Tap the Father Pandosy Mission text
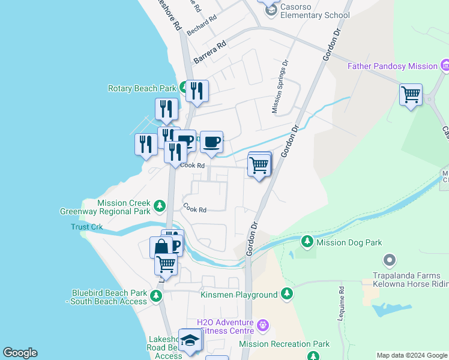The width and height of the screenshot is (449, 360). (393, 66)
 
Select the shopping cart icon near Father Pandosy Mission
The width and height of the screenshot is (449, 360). (411, 94)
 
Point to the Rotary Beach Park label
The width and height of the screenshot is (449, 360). (142, 88)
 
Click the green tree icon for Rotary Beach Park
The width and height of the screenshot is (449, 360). (182, 88)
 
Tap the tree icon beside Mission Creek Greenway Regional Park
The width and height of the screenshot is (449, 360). (159, 206)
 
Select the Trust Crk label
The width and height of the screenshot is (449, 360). (87, 227)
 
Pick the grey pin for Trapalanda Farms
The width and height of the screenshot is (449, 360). (390, 260)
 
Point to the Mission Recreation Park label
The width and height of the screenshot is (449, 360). (284, 344)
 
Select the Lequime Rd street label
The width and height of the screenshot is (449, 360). (342, 298)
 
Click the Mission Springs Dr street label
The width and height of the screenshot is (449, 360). (280, 86)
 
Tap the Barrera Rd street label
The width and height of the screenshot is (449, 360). (210, 52)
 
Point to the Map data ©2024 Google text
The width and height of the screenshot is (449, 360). (412, 355)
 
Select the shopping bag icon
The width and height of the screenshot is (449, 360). (161, 247)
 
